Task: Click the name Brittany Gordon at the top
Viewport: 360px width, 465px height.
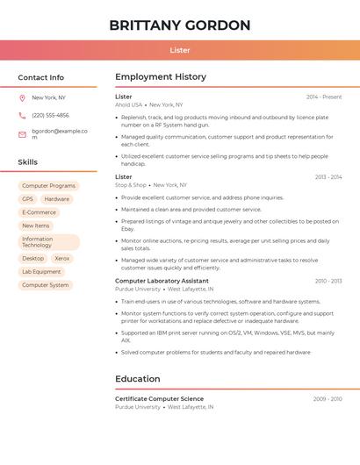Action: (180, 25)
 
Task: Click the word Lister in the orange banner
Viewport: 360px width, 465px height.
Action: (180, 50)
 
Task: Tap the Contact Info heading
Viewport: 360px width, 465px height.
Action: (41, 77)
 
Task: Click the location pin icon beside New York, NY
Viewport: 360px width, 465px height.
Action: (22, 97)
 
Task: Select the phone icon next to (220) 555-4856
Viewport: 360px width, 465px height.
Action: (22, 115)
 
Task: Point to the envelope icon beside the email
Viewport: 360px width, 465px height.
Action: (22, 134)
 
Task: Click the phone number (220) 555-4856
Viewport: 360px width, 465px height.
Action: (50, 115)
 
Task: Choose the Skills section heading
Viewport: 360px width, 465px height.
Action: (28, 162)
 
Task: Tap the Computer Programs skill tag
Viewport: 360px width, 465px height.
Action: (48, 186)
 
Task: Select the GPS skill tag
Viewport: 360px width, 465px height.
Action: (27, 199)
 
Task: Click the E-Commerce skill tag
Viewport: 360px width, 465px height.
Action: (39, 212)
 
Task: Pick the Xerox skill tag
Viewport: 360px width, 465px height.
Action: (61, 259)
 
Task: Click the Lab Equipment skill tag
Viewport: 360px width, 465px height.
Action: (41, 272)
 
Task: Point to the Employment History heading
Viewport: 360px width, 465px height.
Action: (161, 77)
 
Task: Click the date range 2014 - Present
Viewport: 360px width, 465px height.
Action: (324, 97)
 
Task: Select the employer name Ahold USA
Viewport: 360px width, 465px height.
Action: (128, 104)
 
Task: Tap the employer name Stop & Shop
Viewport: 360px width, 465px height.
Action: (131, 185)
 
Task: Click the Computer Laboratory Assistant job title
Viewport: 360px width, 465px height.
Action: (162, 281)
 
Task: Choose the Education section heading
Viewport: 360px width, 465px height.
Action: (138, 379)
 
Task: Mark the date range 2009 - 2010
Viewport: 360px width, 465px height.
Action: (328, 399)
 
